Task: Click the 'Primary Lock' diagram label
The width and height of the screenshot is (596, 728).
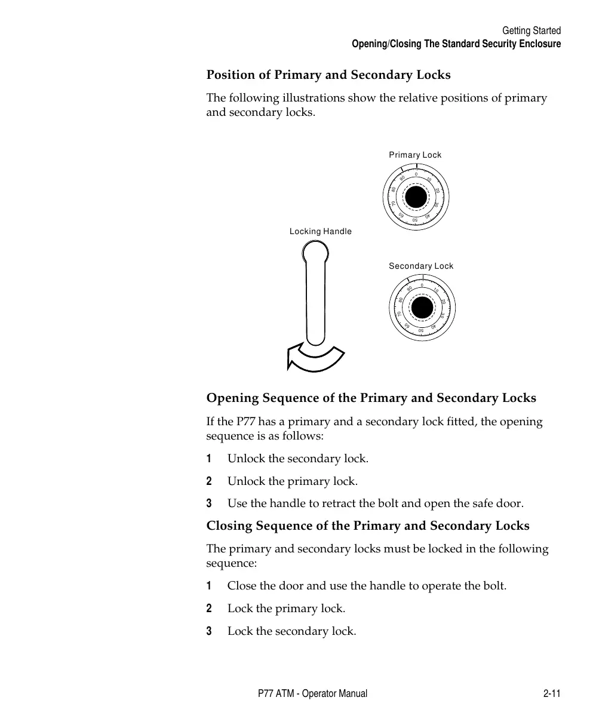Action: (x=415, y=155)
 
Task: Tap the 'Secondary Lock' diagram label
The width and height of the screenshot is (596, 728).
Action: (x=421, y=266)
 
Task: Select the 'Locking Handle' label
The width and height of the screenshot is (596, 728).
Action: (x=321, y=231)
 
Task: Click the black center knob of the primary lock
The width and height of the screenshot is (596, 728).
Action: (x=416, y=197)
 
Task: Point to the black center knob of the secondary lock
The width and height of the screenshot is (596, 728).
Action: (x=422, y=308)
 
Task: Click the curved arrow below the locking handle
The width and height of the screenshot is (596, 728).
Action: (x=314, y=358)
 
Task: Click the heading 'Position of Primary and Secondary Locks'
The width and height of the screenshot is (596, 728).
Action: (x=328, y=75)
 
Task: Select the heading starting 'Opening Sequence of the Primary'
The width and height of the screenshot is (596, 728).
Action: (x=371, y=398)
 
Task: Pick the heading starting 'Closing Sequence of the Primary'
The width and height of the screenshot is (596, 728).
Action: (x=368, y=526)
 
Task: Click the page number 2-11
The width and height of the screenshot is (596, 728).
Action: (x=552, y=693)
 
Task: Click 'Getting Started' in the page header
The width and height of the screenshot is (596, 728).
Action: (x=531, y=30)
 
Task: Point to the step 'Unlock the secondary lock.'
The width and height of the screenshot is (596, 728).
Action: (x=298, y=459)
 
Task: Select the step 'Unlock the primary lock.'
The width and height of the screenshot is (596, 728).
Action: (x=293, y=481)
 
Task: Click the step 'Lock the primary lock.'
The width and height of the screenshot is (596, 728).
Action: (x=286, y=609)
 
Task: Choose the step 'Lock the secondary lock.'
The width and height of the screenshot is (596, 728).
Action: (x=291, y=631)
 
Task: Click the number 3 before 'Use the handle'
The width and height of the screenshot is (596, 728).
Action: (x=209, y=503)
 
